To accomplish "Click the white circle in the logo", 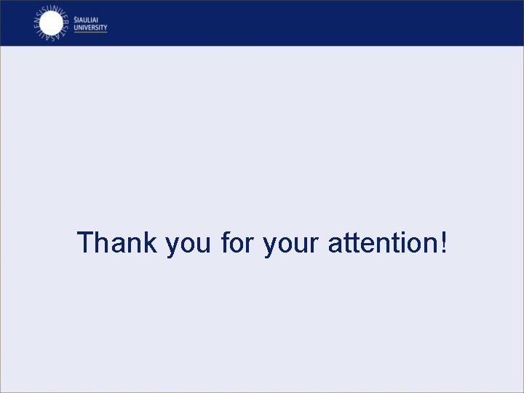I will tap(51, 23).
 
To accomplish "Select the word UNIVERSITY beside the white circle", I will tap(90, 28).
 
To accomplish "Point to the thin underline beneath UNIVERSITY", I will tap(90, 32).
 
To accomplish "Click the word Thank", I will tap(116, 243).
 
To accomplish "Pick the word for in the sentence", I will tap(237, 243).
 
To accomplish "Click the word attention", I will tap(381, 243).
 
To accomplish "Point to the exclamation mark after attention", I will tap(443, 243).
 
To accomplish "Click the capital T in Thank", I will tap(86, 243).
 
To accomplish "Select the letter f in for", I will tap(225, 243).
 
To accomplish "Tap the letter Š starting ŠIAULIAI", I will tap(76, 20).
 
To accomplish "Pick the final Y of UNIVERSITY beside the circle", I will tap(105, 28).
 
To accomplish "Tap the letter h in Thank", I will tap(103, 243).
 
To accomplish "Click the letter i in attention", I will tap(396, 243).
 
